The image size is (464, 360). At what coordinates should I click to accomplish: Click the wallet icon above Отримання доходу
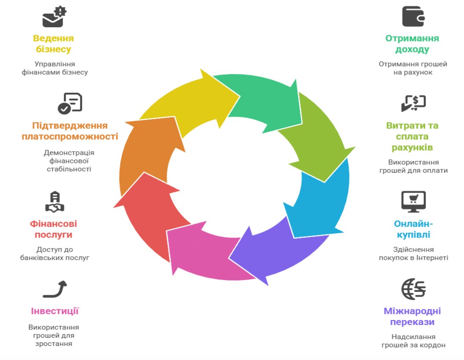point(413,17)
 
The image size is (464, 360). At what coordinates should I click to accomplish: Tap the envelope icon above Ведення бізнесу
point(54,17)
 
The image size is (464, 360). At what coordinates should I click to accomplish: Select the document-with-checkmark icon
point(70,103)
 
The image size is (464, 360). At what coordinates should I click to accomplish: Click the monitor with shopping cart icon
point(413,201)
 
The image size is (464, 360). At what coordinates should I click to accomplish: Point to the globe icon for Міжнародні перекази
point(413,289)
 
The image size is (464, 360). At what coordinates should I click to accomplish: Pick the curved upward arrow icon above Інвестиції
point(55,289)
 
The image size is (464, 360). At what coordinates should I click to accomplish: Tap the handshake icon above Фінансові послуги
point(55,202)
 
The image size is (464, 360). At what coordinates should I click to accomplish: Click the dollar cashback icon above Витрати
point(413,103)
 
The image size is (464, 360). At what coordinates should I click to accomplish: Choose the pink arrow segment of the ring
point(204,251)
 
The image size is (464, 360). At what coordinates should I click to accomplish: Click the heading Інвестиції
point(55,311)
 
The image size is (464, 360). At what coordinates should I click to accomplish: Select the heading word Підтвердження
point(70,126)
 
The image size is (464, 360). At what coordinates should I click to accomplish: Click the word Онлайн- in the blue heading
point(413,224)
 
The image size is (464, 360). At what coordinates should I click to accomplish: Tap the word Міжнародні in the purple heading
point(412,311)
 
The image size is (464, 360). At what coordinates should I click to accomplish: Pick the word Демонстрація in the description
point(69,153)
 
